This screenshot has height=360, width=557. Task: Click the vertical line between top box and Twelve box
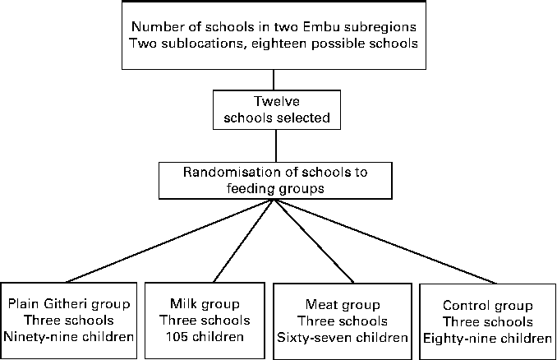point(276,80)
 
